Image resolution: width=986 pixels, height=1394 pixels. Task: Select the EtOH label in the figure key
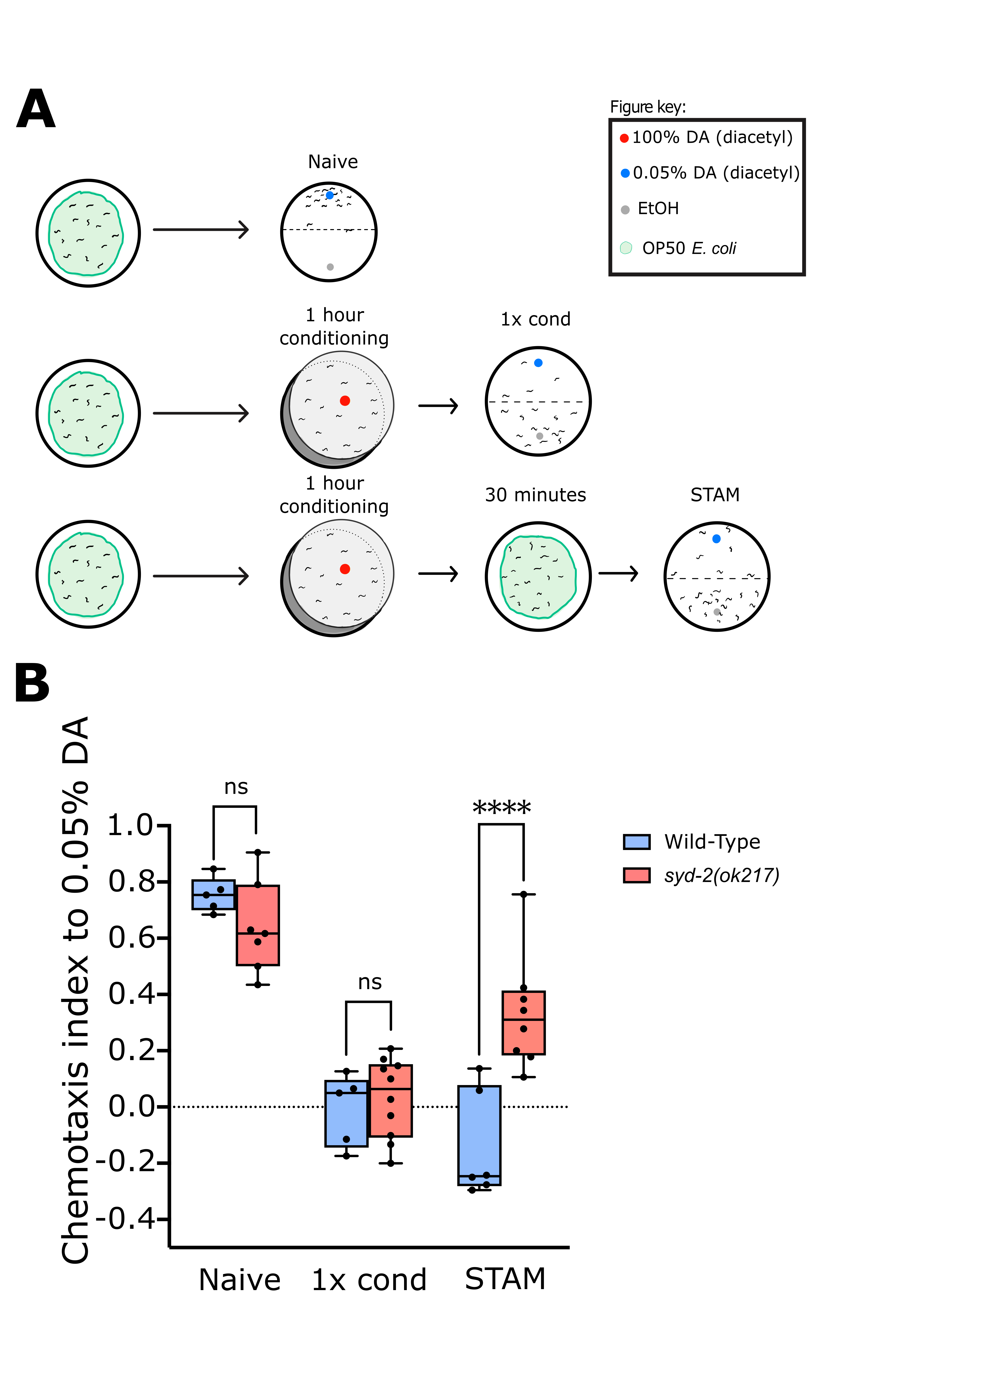coord(658,209)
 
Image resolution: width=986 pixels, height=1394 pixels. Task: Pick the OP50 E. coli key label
coord(689,248)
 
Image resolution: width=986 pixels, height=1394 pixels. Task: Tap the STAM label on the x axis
coord(505,1279)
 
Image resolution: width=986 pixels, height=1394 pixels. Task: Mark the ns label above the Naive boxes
coord(236,787)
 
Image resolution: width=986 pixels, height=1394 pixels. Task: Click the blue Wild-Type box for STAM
coord(479,1135)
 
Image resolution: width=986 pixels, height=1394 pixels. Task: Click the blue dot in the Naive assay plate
coord(329,195)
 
